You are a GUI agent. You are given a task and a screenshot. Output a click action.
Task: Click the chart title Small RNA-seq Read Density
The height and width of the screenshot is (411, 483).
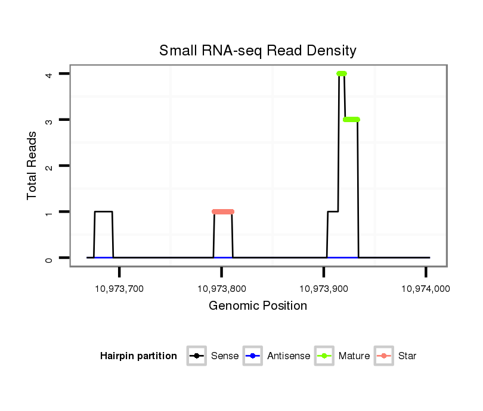(258, 51)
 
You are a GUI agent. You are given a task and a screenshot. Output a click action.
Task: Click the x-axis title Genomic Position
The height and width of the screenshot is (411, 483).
(258, 306)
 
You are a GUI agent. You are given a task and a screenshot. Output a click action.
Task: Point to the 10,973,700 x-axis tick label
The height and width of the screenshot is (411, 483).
(119, 289)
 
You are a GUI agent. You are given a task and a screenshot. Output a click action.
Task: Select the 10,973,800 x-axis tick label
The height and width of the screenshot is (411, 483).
(221, 289)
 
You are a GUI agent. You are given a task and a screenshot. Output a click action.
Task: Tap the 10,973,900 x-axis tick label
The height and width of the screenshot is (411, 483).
(323, 289)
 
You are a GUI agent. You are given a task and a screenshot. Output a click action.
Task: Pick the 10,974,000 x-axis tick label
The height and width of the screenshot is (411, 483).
(425, 289)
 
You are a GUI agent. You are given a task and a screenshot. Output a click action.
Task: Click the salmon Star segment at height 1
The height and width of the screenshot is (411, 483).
(223, 211)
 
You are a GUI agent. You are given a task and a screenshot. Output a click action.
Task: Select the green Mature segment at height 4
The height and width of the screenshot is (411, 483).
(342, 74)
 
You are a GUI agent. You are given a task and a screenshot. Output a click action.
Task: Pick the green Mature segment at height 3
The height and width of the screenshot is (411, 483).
(351, 120)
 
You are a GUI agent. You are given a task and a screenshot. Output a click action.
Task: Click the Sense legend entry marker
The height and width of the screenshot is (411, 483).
(196, 356)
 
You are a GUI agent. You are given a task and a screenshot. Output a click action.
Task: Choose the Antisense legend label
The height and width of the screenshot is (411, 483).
(289, 356)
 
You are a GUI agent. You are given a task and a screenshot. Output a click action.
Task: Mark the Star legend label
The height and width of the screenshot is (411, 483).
(407, 356)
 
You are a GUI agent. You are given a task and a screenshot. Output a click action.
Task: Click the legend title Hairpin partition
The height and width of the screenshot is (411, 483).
(138, 356)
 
